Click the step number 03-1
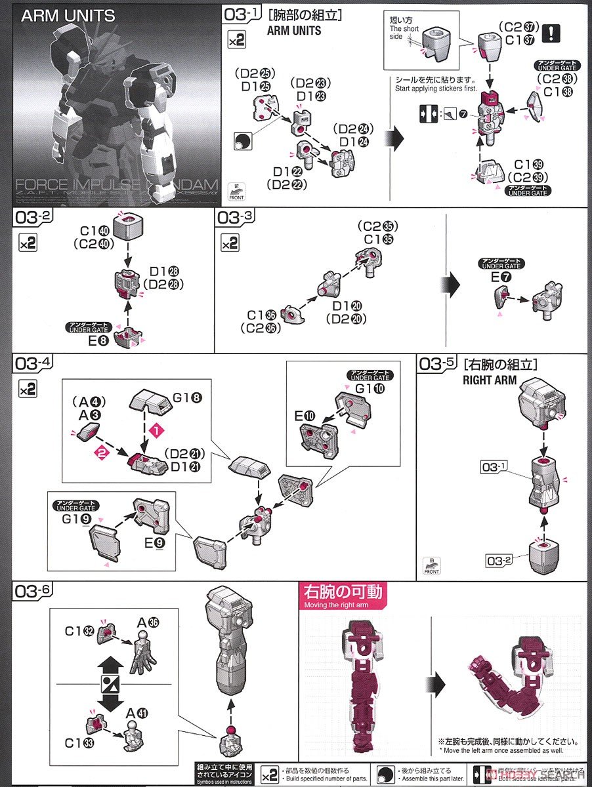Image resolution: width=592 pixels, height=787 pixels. [241, 14]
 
